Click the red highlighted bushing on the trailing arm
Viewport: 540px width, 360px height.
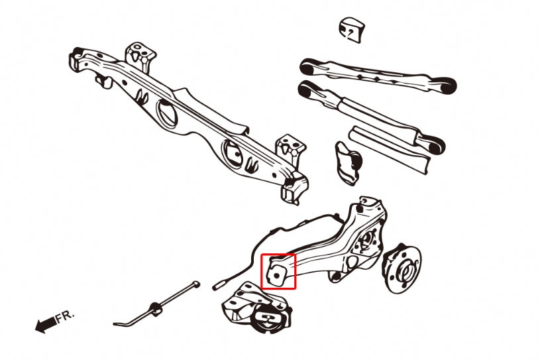[x=278, y=271]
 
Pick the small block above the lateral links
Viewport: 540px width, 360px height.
[x=352, y=30]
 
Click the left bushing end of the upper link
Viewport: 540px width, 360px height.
[x=309, y=66]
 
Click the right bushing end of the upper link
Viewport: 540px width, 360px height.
[x=447, y=84]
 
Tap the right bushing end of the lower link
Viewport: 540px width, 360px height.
[x=435, y=143]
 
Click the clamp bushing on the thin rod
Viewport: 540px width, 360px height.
[x=157, y=308]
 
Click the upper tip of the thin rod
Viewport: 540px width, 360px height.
[x=196, y=285]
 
